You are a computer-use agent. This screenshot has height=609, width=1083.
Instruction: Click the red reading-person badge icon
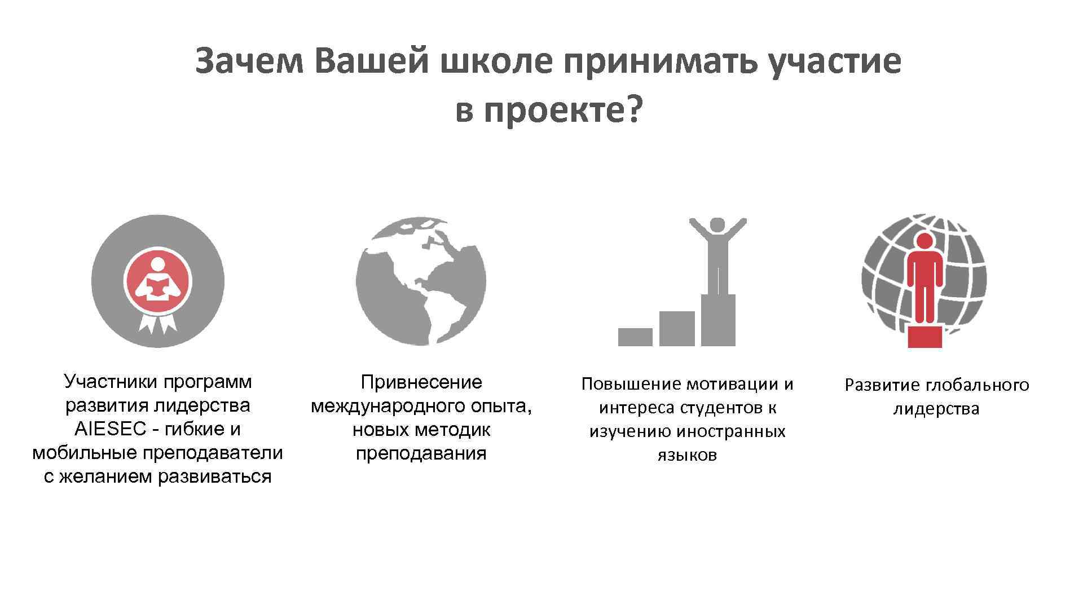tap(158, 280)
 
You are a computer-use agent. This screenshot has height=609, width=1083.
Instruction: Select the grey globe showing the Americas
tap(421, 281)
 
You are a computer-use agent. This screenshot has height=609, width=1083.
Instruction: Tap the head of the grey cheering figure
tap(717, 225)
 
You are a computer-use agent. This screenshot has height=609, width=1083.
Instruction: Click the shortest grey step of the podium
tap(635, 337)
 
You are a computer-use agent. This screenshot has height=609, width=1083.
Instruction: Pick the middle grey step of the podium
tap(677, 328)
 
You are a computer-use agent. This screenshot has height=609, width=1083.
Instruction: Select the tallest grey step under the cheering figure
tap(718, 320)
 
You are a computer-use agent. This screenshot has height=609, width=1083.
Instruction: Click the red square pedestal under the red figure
tap(925, 337)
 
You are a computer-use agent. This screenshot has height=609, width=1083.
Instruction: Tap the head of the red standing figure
tap(924, 241)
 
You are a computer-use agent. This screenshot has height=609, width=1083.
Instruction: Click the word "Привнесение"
tap(421, 382)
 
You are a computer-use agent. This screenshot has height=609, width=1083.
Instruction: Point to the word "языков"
tap(687, 455)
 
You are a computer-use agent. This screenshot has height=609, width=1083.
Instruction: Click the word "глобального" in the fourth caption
tap(978, 385)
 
